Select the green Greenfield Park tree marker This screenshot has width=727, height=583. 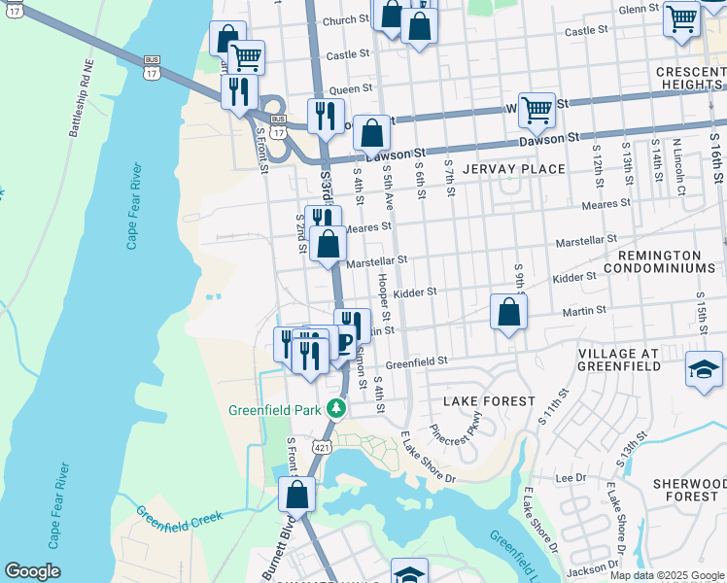[x=336, y=408]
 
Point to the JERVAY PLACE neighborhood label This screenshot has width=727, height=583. [x=514, y=169]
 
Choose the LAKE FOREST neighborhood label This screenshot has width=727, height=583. [x=489, y=401]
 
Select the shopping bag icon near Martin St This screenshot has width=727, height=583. [x=508, y=313]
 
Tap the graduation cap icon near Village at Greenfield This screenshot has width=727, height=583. [x=704, y=371]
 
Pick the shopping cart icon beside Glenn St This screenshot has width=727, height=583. [x=681, y=17]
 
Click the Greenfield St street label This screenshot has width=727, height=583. [x=416, y=360]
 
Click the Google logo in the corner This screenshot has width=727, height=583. [x=32, y=571]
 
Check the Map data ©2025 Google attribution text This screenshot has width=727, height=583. [x=666, y=575]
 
